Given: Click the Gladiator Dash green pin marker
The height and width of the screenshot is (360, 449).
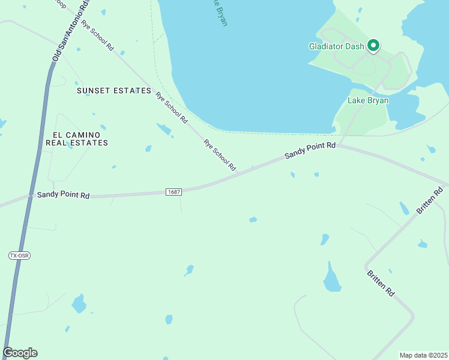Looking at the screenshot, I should coord(373,45).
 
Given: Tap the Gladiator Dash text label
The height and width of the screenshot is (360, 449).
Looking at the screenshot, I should coord(337,46).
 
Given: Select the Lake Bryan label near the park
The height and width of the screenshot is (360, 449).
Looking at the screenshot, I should coord(368,100).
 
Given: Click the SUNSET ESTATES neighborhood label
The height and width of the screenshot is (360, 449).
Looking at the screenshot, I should coord(114,91).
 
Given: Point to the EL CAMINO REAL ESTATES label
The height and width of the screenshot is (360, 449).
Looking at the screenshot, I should coord(77,138).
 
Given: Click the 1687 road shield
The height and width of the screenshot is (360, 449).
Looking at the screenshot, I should coord(173,191).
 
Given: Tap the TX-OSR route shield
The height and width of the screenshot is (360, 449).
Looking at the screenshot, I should coord(19,256).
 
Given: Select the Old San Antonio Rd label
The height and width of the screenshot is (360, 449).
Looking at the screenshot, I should coord(70,32).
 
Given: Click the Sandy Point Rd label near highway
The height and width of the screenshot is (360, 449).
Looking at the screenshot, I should coord(63,195).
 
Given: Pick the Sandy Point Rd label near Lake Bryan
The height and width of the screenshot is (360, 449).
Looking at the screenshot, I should coord(310,150).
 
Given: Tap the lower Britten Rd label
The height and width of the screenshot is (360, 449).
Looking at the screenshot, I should coord(381,283).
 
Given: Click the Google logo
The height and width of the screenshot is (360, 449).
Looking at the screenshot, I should coord(20,353).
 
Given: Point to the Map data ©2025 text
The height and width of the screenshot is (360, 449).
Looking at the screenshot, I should coord(423,355).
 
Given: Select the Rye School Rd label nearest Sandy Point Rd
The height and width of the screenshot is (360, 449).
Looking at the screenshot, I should coord(219,155).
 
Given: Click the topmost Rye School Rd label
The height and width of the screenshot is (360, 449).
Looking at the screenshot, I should coord(98,35).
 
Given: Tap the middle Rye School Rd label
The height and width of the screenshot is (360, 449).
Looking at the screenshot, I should coord(172,108).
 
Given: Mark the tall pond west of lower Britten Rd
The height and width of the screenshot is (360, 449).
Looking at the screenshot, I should coord(331,278).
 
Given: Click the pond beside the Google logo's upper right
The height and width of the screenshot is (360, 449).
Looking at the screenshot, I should coord(78,304).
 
